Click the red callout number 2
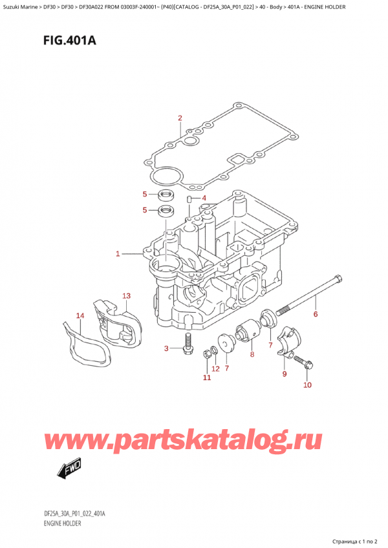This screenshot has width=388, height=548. point(180,118)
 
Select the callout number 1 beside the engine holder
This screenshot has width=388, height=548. point(118,254)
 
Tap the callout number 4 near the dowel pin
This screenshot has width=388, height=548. point(204,198)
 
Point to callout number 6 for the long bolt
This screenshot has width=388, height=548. point(316,314)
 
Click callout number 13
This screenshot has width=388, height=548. point(126,296)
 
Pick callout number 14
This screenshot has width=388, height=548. point(80,316)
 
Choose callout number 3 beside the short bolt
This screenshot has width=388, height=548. point(166,348)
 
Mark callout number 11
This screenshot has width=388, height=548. point(207,377)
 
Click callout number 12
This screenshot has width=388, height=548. point(215,369)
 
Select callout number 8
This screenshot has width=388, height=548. point(252,355)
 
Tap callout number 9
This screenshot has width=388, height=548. point(285,374)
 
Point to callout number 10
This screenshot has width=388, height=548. point(307,385)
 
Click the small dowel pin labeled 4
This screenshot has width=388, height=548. point(189,199)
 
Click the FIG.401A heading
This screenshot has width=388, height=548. point(70,41)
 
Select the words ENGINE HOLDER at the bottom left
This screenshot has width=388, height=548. point(62,523)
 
